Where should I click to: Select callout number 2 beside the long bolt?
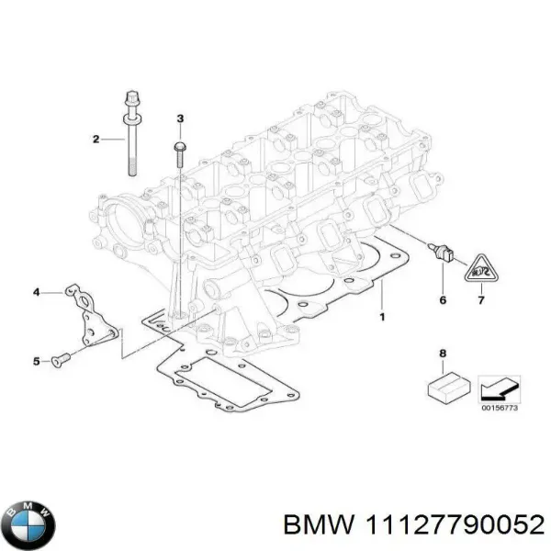pos(95,140)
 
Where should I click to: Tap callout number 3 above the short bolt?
pos(179,118)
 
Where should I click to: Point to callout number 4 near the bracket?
pos(37,292)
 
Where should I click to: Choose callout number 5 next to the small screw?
pos(37,362)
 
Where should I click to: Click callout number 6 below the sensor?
pos(442,300)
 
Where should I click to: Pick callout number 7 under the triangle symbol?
pos(478,300)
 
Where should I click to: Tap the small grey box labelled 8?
pos(442,386)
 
